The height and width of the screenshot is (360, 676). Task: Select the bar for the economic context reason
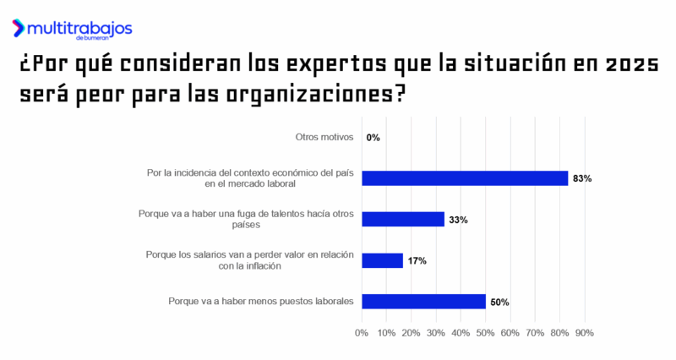pos(465,177)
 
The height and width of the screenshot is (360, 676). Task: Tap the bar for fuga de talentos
pos(403,219)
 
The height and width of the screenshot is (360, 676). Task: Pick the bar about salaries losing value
pos(382,260)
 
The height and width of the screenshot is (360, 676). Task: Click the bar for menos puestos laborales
pos(423,302)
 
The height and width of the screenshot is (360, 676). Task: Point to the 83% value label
pos(581,178)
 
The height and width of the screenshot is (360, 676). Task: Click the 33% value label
pos(458,220)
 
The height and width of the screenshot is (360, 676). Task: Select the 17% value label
pos(417,261)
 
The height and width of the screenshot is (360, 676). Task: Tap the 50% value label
pos(499,303)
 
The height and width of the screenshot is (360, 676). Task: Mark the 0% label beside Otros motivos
pos(373,137)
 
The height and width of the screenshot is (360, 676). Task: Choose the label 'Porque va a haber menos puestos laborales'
pos(261,302)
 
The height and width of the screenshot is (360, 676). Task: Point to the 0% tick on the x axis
pos(362,333)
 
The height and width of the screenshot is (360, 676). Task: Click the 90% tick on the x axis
pos(585,333)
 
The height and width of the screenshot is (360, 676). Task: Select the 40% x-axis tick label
pos(461,333)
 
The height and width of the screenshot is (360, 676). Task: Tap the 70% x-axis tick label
pos(535,333)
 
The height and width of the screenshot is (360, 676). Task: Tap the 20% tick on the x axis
pos(412,333)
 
